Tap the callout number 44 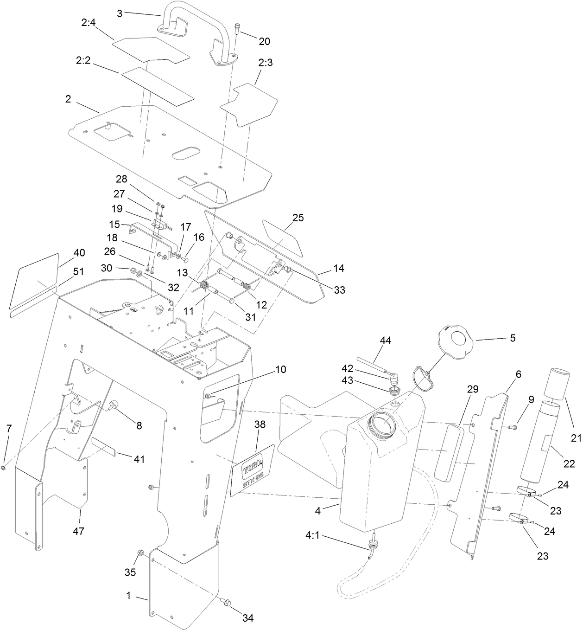point(385,341)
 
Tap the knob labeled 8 point(113,406)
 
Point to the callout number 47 point(78,531)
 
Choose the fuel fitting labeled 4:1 point(372,546)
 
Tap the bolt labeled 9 point(512,427)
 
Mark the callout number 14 point(338,269)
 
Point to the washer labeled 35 point(141,553)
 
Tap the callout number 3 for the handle point(120,13)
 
